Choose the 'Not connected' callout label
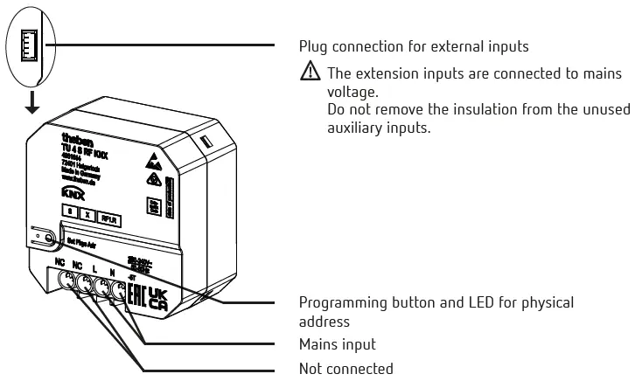tap(346, 370)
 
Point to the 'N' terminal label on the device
tap(113, 272)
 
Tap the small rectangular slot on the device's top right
tap(206, 140)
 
